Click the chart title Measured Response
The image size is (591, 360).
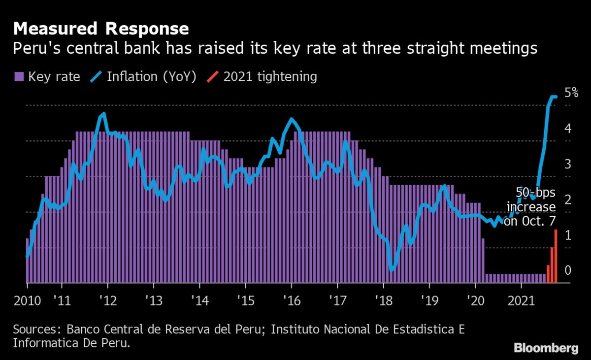click(101, 29)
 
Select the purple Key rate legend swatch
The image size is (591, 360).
click(19, 77)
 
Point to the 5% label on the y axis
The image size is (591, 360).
click(571, 92)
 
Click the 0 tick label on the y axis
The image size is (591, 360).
click(568, 270)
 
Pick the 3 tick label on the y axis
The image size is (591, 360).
click(568, 164)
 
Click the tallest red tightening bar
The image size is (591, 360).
click(556, 256)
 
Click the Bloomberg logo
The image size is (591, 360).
click(546, 348)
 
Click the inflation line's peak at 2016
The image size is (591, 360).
click(291, 119)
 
